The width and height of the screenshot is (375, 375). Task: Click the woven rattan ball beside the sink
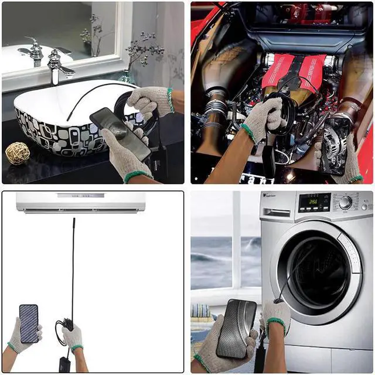coord(18,153)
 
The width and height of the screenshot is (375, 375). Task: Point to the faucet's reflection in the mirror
coord(33,51)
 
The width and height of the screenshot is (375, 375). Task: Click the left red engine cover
coord(279,70)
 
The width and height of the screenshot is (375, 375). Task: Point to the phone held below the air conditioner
coord(29,323)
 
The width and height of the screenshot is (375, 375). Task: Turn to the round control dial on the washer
coord(345,203)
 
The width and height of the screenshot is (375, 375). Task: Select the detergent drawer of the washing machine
coord(278,203)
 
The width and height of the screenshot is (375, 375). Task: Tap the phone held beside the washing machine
coord(236,329)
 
